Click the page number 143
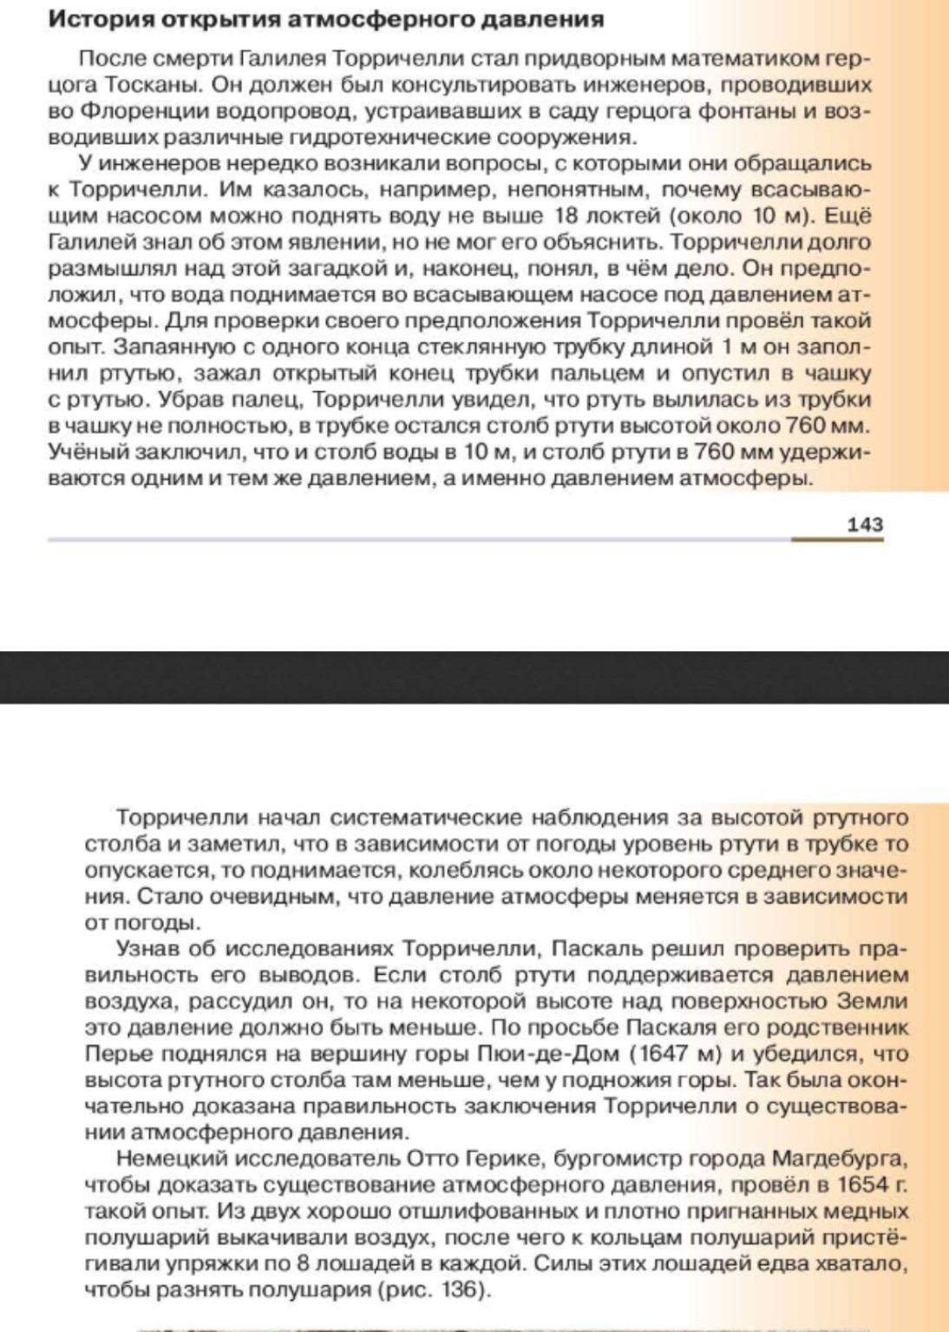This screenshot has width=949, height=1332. [864, 524]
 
